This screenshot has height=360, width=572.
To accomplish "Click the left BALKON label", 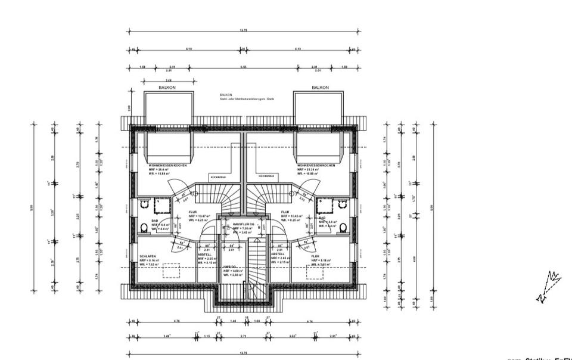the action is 167,88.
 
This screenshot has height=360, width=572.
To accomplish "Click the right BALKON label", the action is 320,88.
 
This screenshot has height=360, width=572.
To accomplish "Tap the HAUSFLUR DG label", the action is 243,224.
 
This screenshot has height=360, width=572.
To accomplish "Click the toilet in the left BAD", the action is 145,226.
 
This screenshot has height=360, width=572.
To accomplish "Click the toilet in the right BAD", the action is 342,226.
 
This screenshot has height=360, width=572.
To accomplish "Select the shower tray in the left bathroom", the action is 161,206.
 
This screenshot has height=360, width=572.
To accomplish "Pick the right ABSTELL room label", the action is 278,254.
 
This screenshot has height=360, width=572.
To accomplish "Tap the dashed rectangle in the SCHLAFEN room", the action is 171,270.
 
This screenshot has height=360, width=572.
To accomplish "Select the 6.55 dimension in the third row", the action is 243,67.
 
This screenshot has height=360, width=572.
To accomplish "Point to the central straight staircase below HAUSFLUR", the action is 254,265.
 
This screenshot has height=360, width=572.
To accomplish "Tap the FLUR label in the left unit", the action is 193,211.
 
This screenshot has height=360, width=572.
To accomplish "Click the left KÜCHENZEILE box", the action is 218,177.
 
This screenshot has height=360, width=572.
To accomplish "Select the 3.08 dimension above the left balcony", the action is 169,79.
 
